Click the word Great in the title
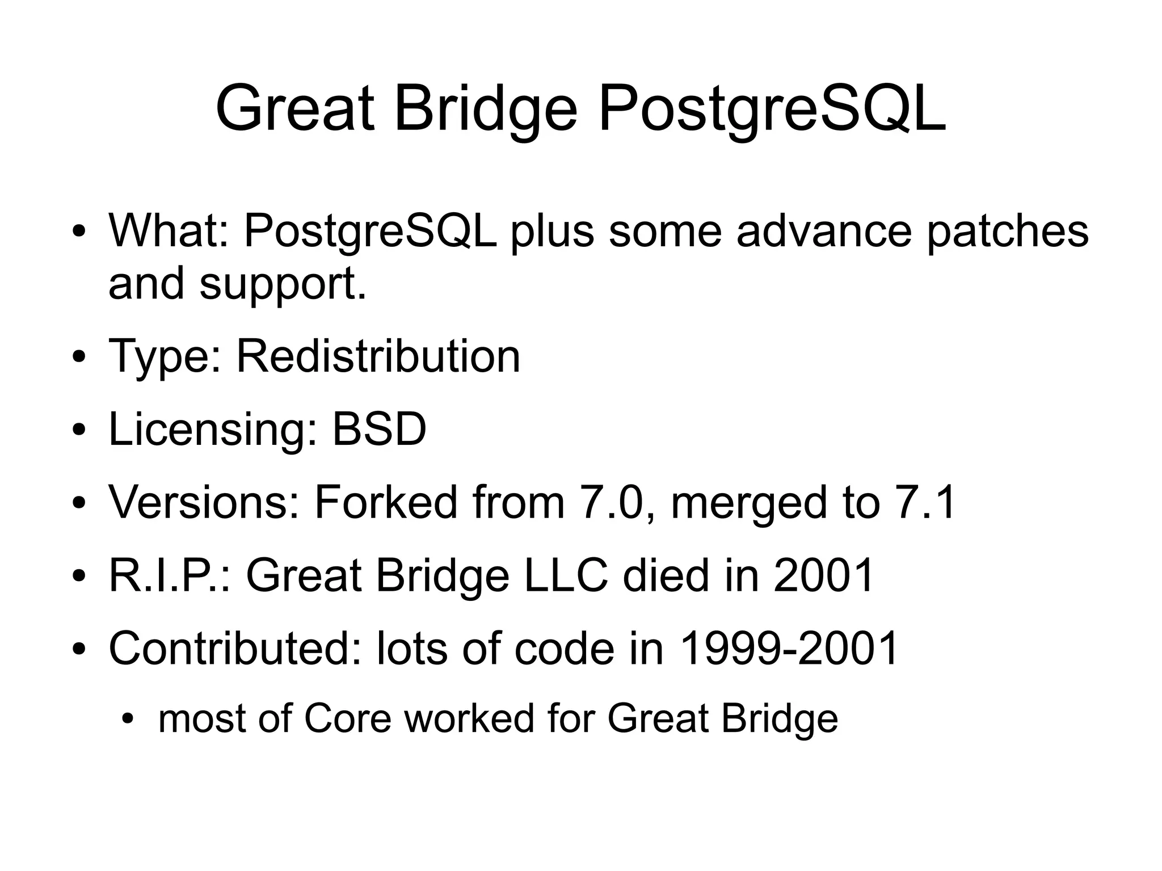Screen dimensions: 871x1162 click(295, 108)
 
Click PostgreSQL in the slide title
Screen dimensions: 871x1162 click(772, 108)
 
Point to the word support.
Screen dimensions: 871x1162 click(282, 284)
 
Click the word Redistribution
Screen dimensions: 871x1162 click(378, 356)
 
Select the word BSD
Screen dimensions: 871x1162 click(378, 429)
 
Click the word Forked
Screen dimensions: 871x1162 click(385, 502)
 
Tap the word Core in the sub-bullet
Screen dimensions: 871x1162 click(348, 718)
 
